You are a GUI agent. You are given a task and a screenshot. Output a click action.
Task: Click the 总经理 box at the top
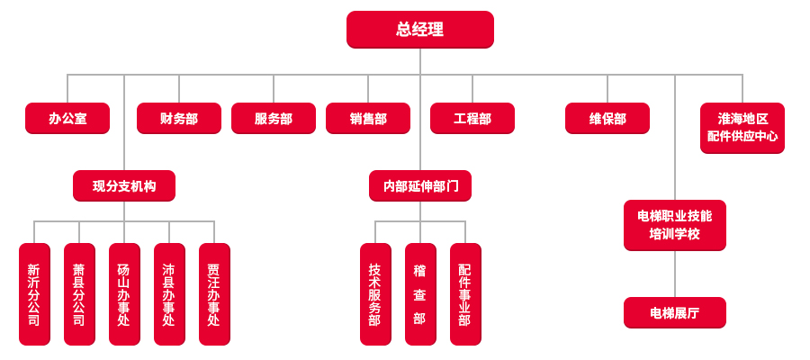coord(419,29)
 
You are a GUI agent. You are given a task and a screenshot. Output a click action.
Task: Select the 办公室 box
coord(67,118)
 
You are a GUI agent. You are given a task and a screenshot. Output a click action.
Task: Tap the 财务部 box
coord(178,118)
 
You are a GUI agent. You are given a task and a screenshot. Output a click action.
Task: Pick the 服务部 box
coord(273,118)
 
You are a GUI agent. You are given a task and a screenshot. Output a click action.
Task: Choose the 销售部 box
coord(367,118)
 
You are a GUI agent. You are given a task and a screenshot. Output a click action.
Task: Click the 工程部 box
coord(472,118)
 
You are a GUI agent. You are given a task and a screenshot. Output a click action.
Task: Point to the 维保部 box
coord(607,118)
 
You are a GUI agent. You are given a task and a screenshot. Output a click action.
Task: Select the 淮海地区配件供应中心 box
coord(742,128)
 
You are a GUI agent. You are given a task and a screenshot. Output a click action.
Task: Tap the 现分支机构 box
coord(124,186)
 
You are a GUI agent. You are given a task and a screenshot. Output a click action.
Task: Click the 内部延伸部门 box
coord(419,186)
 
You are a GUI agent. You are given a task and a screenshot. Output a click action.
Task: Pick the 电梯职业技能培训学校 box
coord(674,225)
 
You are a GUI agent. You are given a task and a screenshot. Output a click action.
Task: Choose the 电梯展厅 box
coord(674,312)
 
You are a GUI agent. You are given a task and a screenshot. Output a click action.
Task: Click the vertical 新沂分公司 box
coord(34,294)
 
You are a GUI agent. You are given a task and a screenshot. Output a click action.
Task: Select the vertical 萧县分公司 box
coord(79,294)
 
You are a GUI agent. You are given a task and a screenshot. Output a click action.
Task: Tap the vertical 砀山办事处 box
coord(124,294)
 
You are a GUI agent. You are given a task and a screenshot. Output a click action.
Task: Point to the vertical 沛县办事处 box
coord(169,294)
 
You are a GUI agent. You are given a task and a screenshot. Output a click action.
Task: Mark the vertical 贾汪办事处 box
coord(214,294)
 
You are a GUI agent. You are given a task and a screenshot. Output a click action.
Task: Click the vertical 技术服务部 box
coord(375,294)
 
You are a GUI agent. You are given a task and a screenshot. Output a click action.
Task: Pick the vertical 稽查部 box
coord(420,294)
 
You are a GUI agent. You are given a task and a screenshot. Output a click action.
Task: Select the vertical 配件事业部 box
coord(465,294)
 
